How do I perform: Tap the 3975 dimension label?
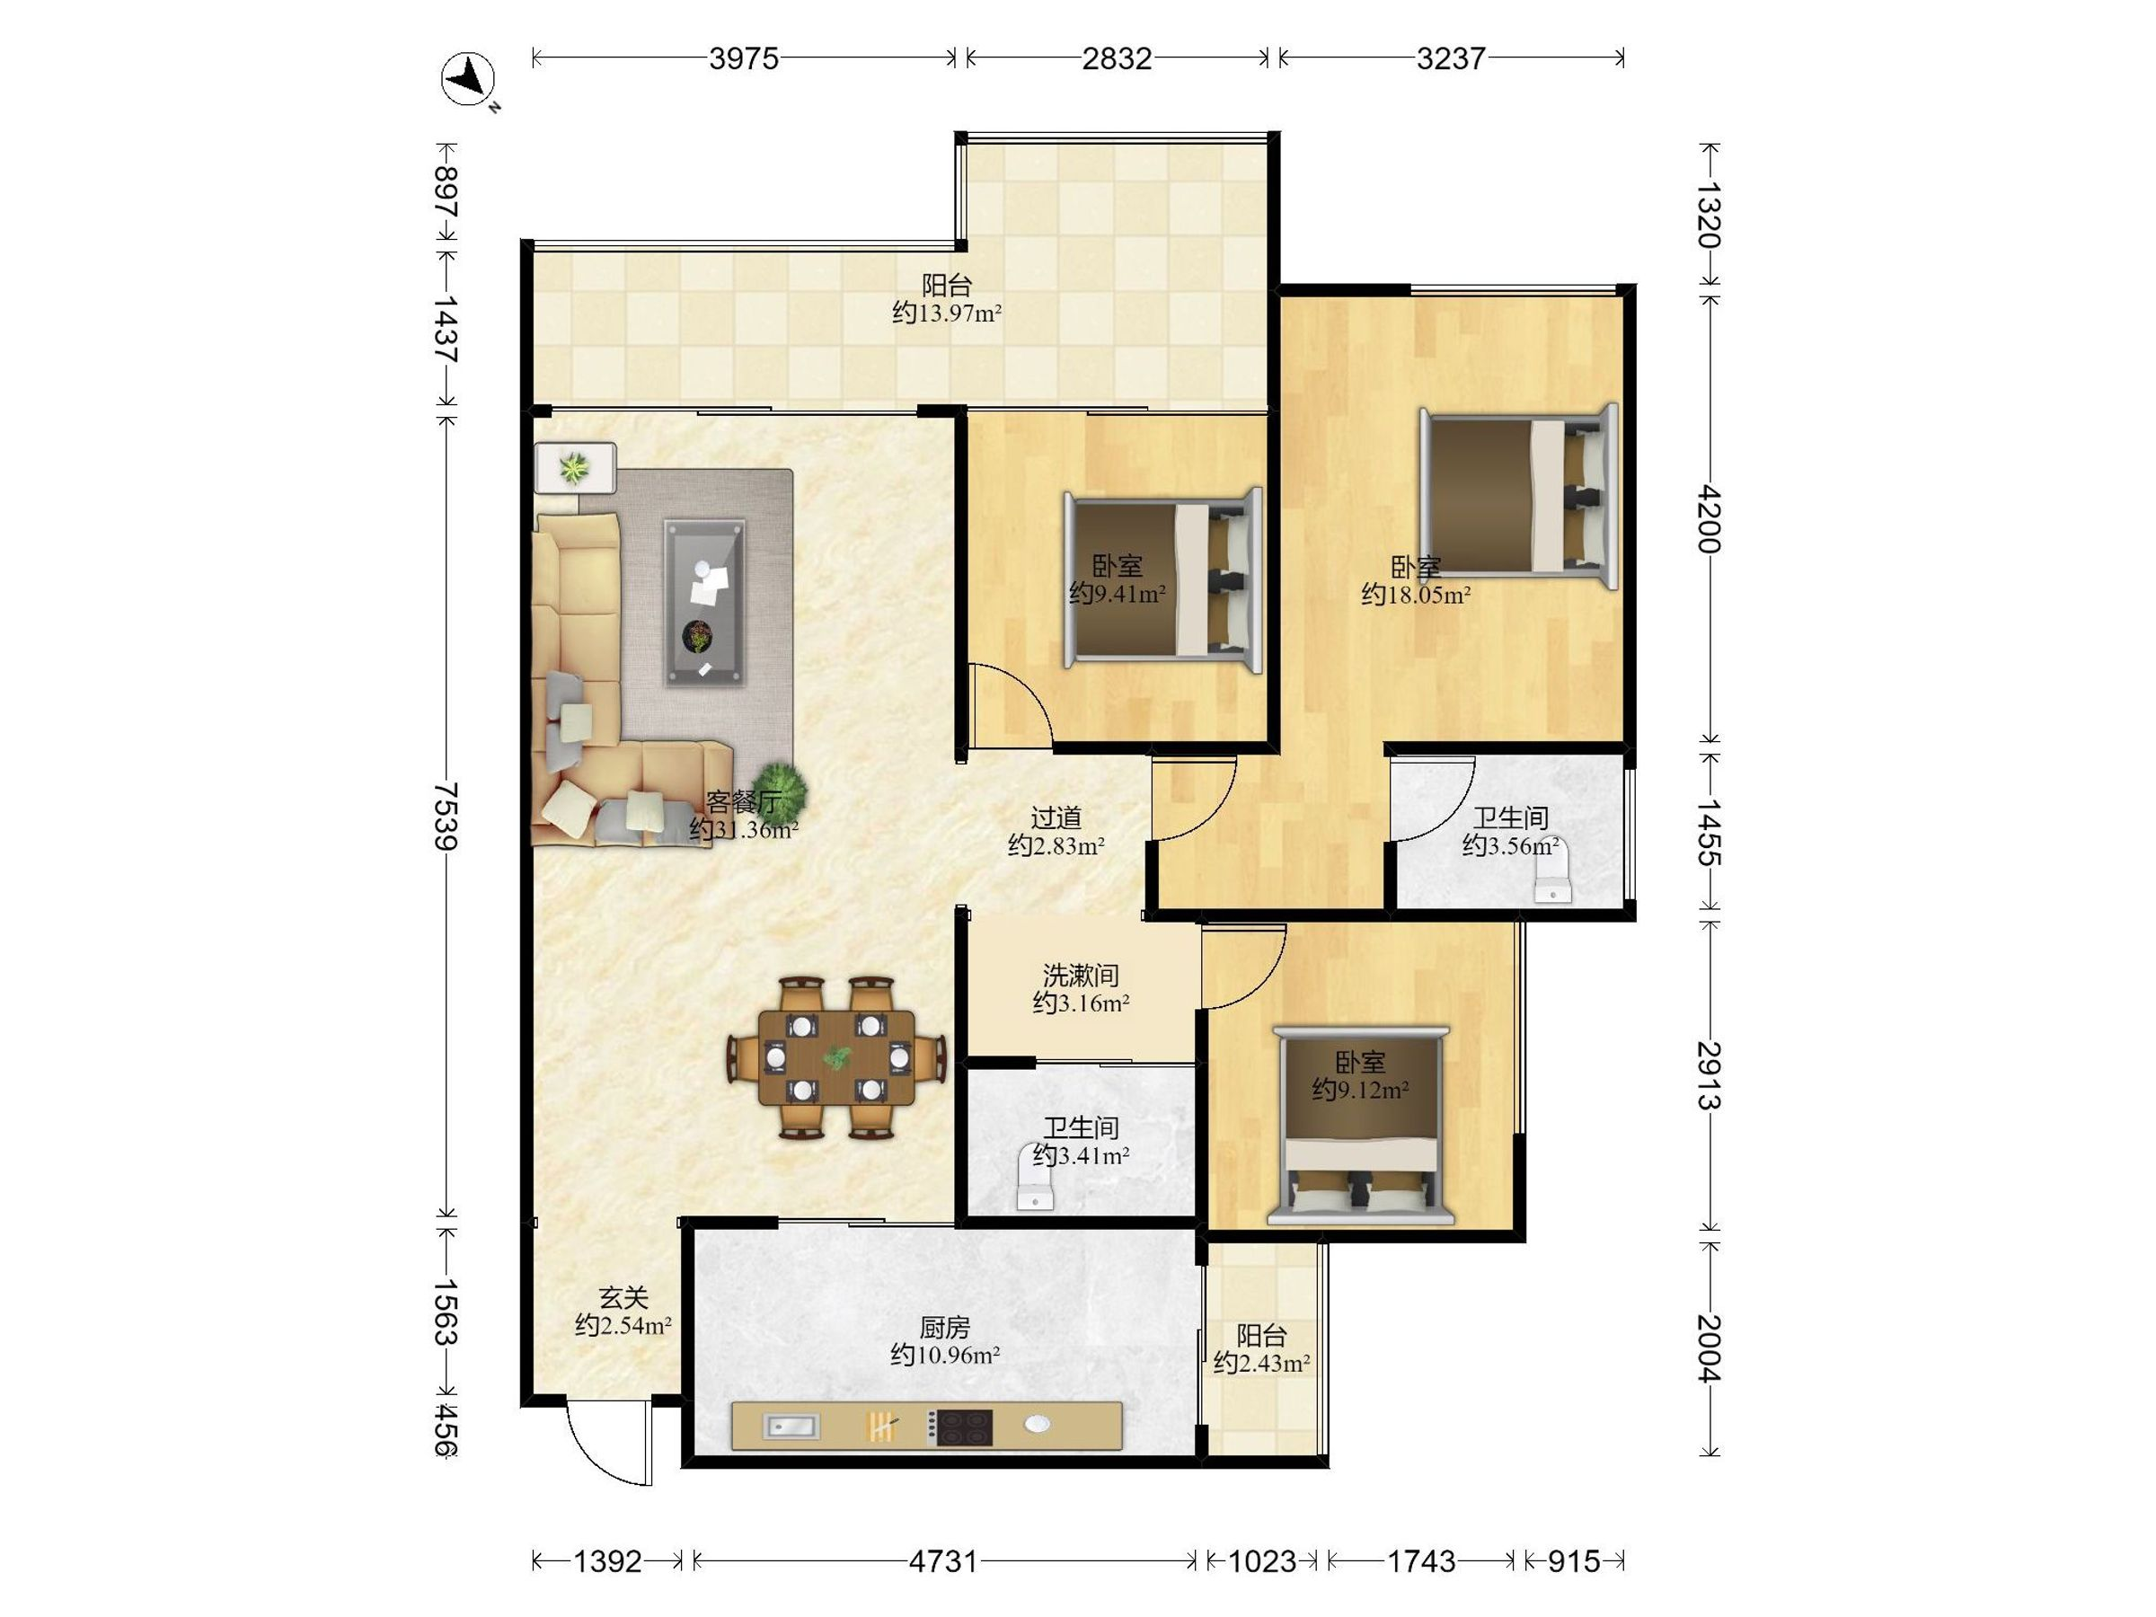pos(744,59)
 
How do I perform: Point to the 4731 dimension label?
pos(942,1562)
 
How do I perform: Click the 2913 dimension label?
pos(1710,1076)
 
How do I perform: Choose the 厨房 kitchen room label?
pos(944,1328)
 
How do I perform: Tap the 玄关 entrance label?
pos(623,1297)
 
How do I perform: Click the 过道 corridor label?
pos(1056,817)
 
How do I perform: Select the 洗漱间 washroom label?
pos(1081,975)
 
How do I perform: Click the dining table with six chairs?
pos(836,1057)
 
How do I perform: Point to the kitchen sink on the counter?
pos(791,1427)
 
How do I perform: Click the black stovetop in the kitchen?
pos(959,1427)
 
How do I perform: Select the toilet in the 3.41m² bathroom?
pos(1035,1183)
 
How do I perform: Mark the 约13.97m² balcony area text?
pos(948,313)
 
